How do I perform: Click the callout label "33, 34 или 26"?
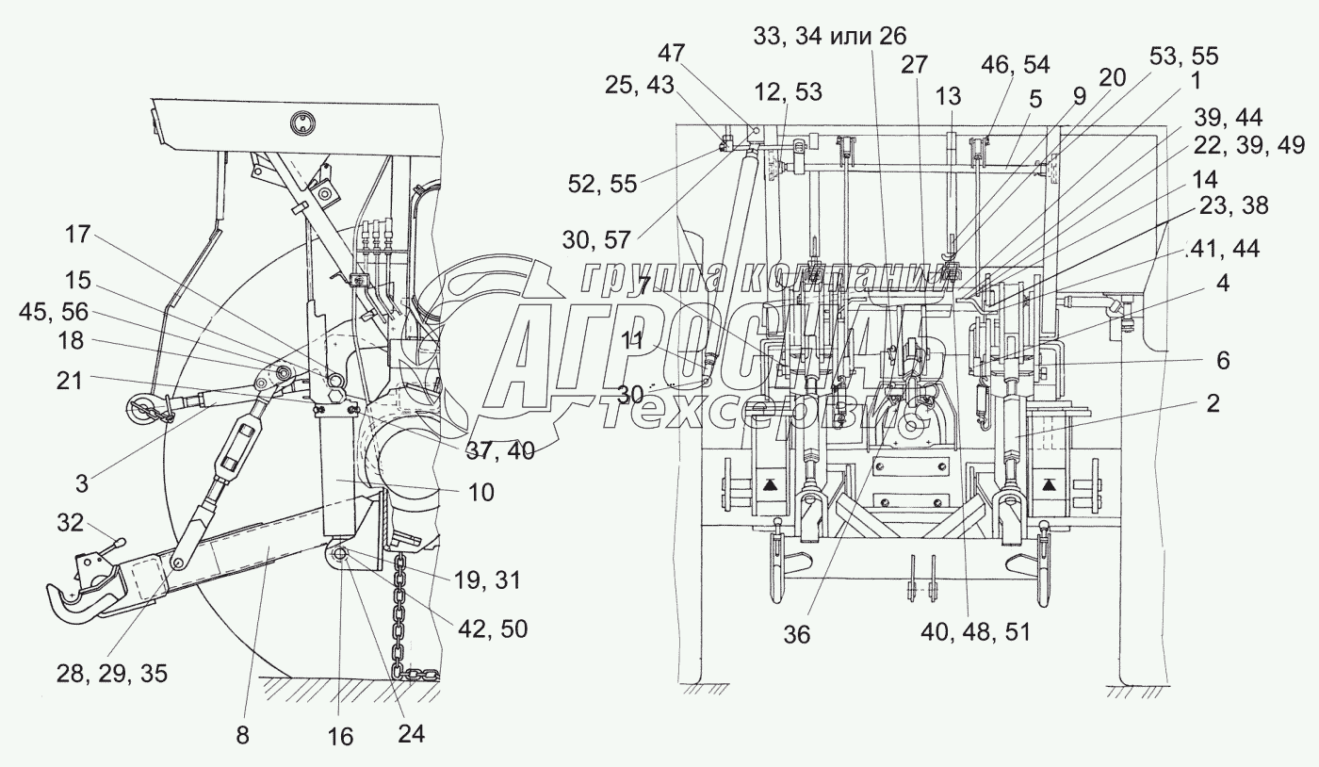point(830,36)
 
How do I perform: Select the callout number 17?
point(77,235)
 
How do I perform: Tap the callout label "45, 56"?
point(53,312)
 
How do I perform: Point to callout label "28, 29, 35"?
point(112,674)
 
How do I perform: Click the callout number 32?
point(70,523)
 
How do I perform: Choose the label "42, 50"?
point(493,629)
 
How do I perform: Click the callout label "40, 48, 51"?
point(975,632)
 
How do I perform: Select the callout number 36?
point(797,634)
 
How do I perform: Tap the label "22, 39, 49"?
point(1249,145)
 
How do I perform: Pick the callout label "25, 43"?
point(640,85)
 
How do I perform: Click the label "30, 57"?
point(596,239)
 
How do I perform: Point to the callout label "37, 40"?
point(500,451)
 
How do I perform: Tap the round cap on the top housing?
point(302,123)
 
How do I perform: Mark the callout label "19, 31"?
point(487,580)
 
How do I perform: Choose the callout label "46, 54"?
point(1016,65)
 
